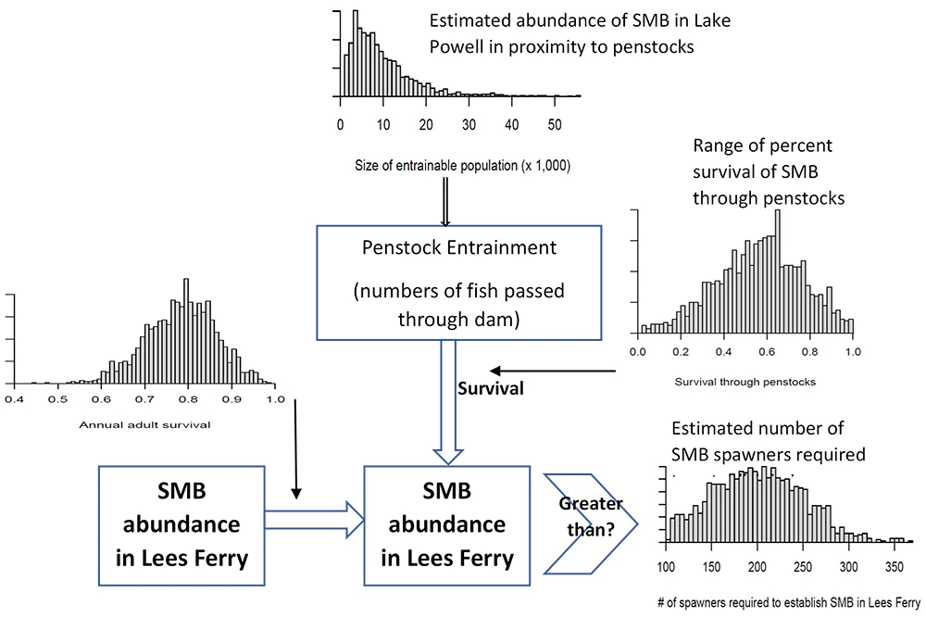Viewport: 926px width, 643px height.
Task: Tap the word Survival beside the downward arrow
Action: tap(491, 388)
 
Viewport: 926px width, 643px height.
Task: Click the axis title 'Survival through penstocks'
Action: tap(745, 381)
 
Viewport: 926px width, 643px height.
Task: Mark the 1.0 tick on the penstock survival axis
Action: tap(853, 352)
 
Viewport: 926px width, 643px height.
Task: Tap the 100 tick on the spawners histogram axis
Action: tap(666, 567)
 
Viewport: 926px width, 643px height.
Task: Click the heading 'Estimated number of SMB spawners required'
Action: tap(769, 442)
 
